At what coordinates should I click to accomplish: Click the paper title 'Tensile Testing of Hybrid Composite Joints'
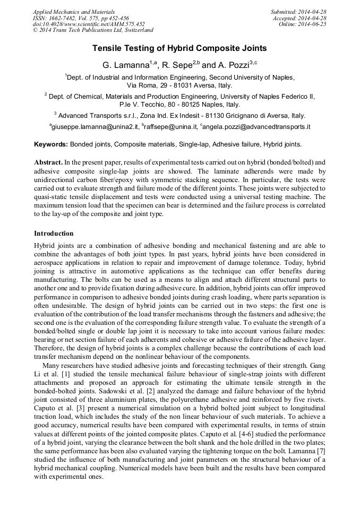(179, 48)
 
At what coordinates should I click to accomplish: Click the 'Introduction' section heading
(54, 234)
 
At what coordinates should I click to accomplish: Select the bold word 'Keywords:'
(51, 144)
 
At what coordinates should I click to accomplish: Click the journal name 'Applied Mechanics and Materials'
(73, 12)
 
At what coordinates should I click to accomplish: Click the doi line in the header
(88, 24)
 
